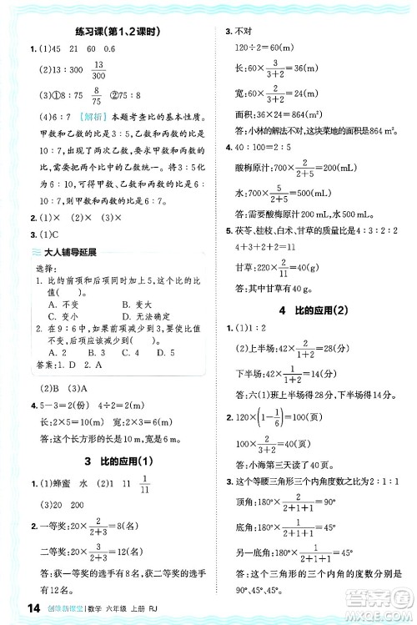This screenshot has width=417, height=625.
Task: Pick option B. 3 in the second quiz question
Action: click(x=95, y=351)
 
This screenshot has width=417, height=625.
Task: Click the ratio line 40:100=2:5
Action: click(x=266, y=149)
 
